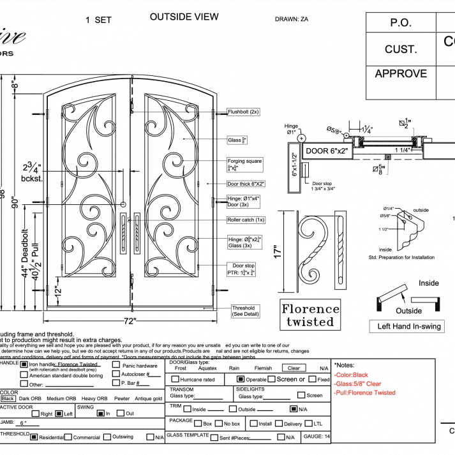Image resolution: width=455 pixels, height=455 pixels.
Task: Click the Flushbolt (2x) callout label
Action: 243,112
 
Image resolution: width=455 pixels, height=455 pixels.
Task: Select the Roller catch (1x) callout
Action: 246,220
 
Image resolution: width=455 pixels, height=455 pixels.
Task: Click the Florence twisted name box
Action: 311,315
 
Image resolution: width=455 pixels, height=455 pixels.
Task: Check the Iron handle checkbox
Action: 24,364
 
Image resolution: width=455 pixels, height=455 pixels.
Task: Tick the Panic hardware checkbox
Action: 116,366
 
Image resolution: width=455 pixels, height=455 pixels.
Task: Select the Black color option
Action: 8,398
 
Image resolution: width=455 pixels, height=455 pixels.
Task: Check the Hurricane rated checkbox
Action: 174,379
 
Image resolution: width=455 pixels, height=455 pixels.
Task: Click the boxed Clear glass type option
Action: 294,368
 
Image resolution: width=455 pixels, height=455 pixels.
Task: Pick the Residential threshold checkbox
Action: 34,437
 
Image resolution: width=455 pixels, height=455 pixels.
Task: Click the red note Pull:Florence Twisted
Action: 364,392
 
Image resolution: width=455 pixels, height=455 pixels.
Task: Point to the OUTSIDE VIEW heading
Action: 184,17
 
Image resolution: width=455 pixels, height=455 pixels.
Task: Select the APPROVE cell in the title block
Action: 401,73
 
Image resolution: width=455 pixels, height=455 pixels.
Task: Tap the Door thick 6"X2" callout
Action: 246,184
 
